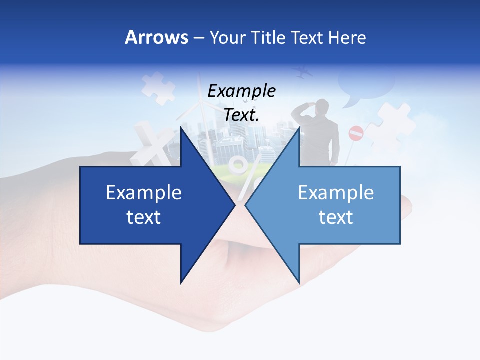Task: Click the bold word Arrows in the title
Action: click(156, 37)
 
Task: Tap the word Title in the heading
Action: click(268, 37)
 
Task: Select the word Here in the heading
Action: click(347, 37)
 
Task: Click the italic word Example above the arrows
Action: click(242, 91)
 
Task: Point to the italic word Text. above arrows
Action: click(242, 115)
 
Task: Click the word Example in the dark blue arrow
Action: click(144, 193)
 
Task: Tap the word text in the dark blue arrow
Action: click(144, 217)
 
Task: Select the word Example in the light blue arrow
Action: click(336, 193)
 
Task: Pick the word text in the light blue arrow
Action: click(336, 217)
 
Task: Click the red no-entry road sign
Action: click(356, 133)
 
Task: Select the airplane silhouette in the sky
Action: click(303, 73)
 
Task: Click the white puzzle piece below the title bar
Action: click(157, 87)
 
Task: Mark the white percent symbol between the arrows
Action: click(243, 172)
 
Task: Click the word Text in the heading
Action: click(307, 37)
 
